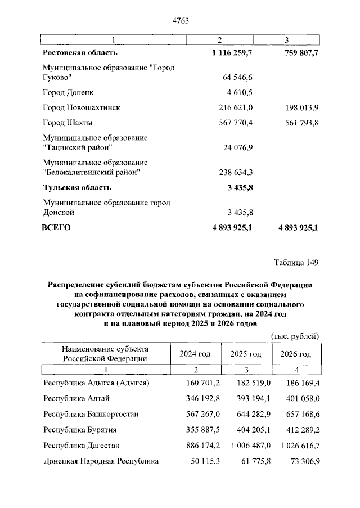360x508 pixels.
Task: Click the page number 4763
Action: click(179, 21)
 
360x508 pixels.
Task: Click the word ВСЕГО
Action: click(57, 228)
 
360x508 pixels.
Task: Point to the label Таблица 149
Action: click(296, 263)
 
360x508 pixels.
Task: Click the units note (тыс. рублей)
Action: click(295, 336)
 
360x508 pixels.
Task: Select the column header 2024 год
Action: click(195, 354)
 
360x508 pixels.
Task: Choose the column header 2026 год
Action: click(296, 354)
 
